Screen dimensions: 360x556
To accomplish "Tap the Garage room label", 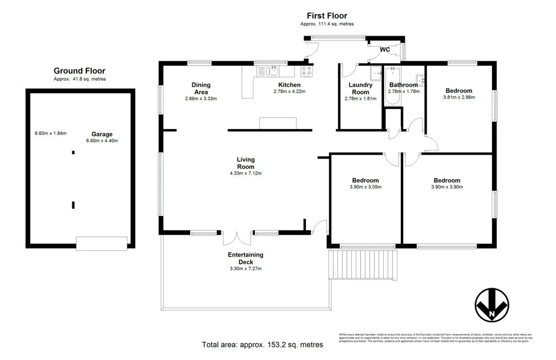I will tap(102, 134).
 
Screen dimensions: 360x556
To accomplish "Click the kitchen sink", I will tap(271, 71).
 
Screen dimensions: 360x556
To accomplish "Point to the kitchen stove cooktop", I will tap(306, 71).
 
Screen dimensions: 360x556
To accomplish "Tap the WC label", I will tap(385, 50).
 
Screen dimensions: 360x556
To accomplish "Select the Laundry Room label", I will tap(360, 88).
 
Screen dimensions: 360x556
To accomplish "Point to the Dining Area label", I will tap(201, 88).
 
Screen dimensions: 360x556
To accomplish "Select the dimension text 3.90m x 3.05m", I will tap(365, 187).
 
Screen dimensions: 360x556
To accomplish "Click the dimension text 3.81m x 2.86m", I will tap(459, 97).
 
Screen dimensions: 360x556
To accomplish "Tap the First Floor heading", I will tap(326, 16).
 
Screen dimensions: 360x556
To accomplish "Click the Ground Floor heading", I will tap(80, 71).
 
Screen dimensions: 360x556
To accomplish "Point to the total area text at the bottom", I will tap(262, 345).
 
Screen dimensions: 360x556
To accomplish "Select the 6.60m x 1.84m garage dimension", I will tap(51, 133).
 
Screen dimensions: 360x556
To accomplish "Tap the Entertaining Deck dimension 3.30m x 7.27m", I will tap(245, 268).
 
